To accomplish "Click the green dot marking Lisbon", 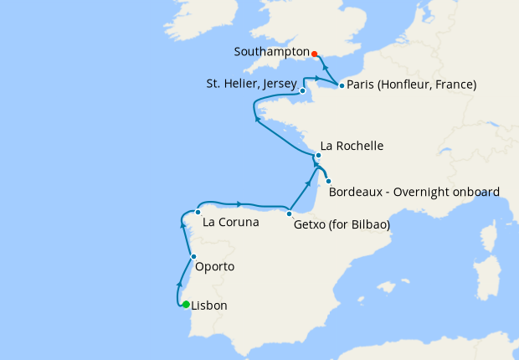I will point(186,305).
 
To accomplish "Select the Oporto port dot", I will point(193,257).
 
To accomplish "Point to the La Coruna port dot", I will point(198,213).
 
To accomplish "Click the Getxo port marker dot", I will point(289,213).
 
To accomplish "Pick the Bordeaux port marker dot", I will point(328,182).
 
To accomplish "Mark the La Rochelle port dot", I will point(318,156).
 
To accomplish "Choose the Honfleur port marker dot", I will point(342,85).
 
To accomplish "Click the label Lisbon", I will point(209,306).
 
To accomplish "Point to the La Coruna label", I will point(231,224).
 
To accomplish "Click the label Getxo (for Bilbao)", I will point(342,224).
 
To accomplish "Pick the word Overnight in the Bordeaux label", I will point(419,192).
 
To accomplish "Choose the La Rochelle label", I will point(352,146).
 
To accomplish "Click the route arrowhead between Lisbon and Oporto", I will point(179,285).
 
